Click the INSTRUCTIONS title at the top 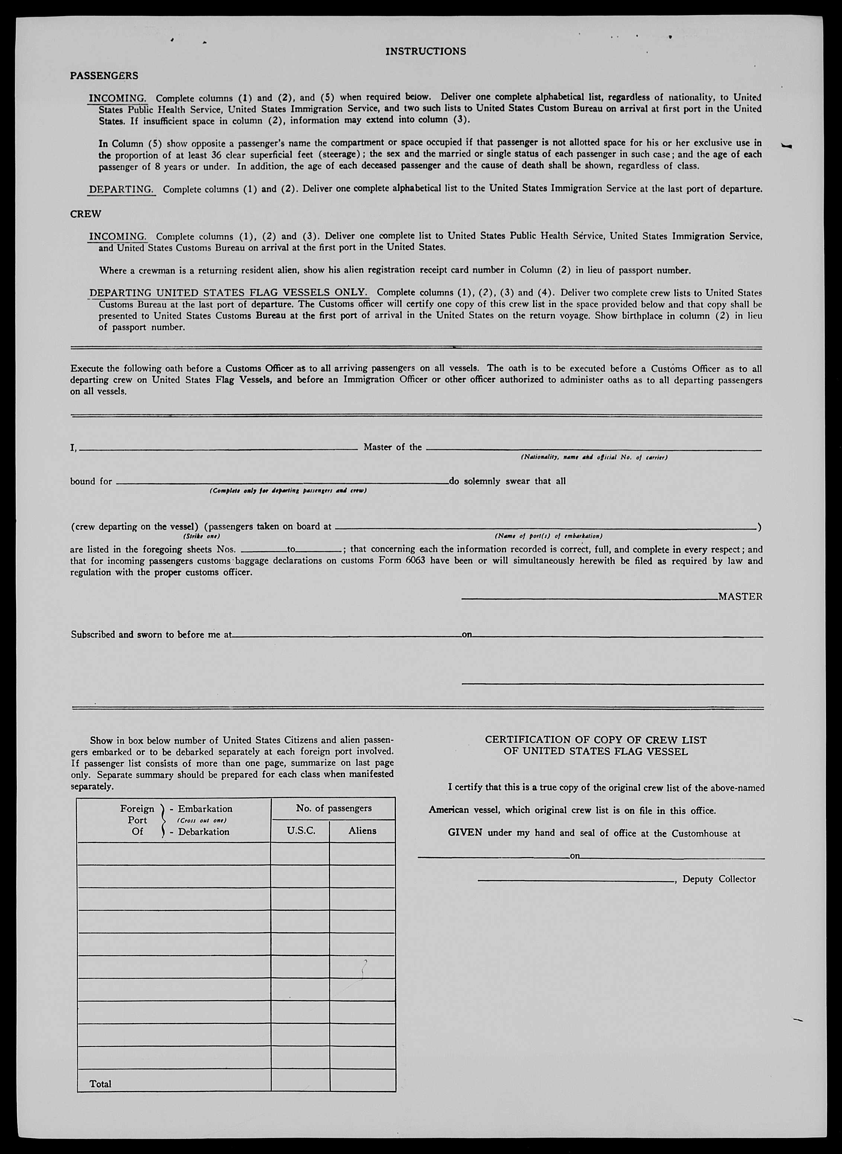click(x=426, y=51)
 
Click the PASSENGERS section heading click(x=104, y=76)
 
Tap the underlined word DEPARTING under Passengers click(x=121, y=189)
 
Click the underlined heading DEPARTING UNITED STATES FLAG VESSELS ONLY click(x=228, y=292)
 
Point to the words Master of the click(x=393, y=447)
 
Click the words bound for click(x=91, y=481)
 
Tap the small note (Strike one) click(x=202, y=536)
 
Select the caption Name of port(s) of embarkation click(x=548, y=536)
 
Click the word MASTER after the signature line click(x=740, y=597)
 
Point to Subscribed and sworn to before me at click(x=151, y=635)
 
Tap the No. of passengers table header click(x=333, y=808)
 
